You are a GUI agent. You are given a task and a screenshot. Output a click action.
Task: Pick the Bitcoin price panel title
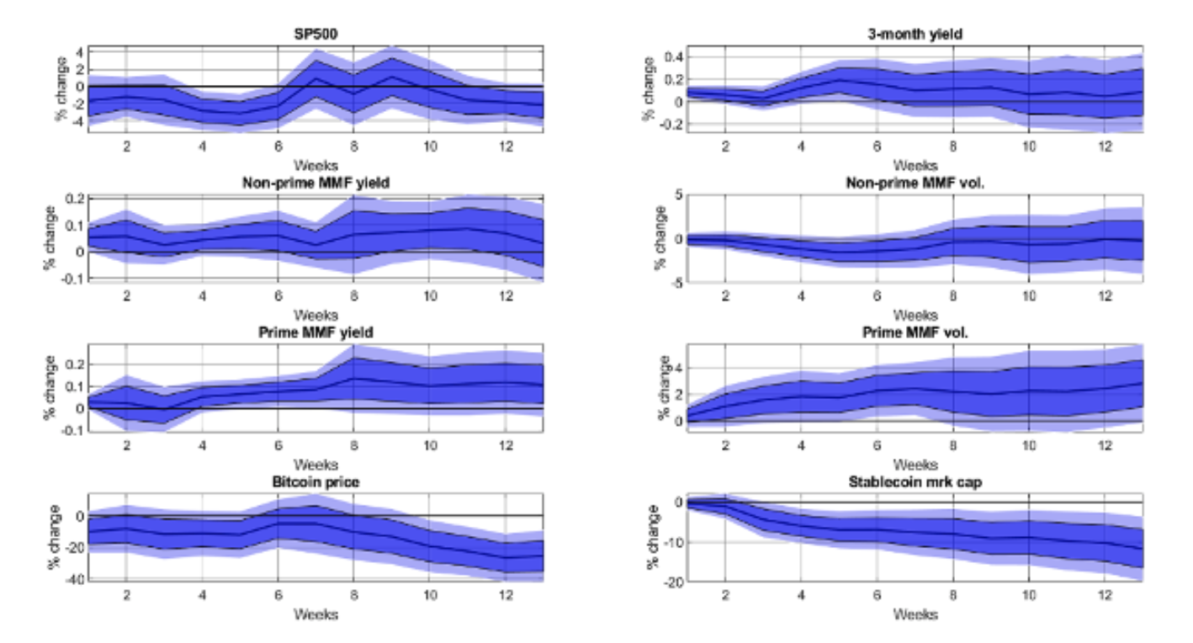(315, 482)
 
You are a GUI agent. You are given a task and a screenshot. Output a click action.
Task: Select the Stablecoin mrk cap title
(915, 482)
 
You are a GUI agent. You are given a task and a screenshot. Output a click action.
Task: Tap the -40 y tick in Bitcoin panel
(72, 580)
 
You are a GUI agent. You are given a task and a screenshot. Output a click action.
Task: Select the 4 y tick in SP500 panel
(77, 51)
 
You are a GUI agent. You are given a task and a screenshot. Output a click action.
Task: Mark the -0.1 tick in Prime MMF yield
(71, 430)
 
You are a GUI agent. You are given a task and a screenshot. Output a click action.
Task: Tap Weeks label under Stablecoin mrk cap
(915, 615)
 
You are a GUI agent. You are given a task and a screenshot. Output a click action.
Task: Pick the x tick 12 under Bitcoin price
(505, 593)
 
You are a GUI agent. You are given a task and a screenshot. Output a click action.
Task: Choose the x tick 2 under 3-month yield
(725, 146)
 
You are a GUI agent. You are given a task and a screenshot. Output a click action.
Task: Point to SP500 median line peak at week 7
(315, 78)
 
